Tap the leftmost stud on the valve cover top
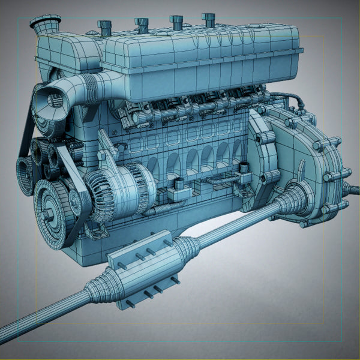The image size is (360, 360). point(104,27)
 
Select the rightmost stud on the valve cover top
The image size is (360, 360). point(208,19)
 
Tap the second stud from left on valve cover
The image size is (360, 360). point(142,24)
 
